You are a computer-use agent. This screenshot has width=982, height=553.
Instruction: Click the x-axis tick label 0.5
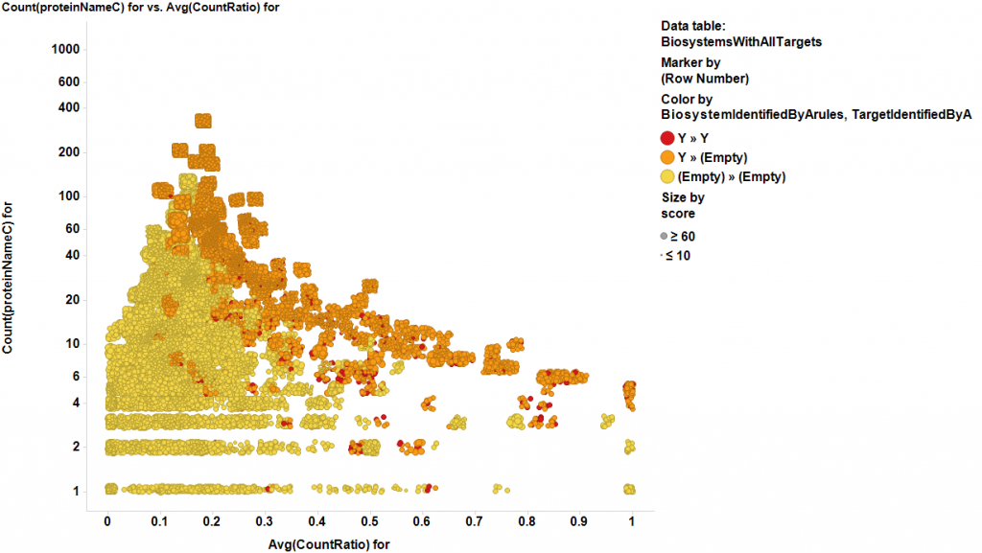[369, 521]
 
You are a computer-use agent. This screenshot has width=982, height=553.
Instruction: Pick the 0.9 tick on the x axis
[579, 521]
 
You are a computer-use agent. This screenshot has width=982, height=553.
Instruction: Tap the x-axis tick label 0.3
[265, 521]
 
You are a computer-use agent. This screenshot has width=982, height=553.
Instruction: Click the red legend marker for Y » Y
[667, 138]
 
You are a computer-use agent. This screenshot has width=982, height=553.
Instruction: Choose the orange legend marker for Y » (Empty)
[667, 157]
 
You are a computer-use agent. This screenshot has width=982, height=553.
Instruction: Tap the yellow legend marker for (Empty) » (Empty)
[667, 176]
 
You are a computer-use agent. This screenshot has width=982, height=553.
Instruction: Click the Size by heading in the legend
[683, 197]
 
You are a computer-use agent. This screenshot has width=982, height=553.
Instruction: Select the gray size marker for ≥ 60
[664, 236]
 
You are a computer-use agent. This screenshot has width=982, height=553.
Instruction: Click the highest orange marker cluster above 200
[203, 121]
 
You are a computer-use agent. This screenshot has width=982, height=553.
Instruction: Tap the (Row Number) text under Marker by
[705, 79]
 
